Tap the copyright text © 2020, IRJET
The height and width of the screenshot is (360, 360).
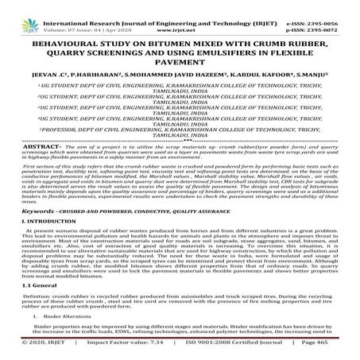29,354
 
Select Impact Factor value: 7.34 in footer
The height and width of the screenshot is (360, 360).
107,354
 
